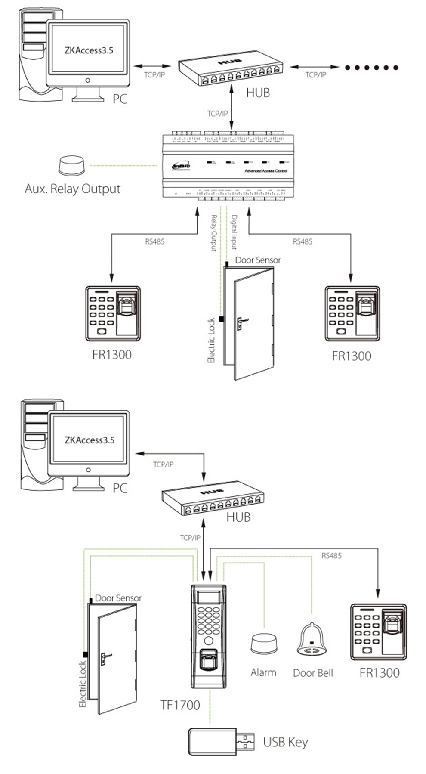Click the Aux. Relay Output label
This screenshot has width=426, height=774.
72,189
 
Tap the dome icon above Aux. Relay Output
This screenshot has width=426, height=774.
72,166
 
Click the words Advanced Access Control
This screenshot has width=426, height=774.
265,171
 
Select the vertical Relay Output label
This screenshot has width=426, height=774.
213,233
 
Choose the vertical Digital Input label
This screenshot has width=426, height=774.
234,232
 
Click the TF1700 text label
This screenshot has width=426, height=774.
180,705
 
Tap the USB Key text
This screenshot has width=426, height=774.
285,742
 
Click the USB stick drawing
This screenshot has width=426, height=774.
221,741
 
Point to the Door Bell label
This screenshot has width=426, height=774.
313,673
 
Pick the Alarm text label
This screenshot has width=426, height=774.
263,672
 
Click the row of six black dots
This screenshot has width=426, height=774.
371,68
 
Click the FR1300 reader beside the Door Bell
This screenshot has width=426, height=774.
379,632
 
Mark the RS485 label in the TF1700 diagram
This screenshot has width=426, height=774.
331,556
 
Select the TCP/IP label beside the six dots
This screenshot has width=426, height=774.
315,75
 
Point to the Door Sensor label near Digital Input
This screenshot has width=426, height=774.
257,260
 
